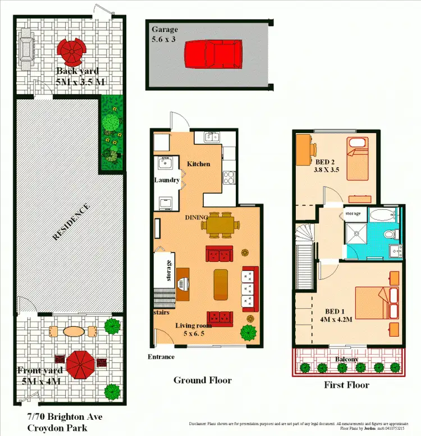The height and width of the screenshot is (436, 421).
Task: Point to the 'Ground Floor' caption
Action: tap(202, 380)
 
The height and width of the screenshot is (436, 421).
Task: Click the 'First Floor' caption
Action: tap(346, 385)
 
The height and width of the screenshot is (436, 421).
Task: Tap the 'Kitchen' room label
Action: tap(198, 164)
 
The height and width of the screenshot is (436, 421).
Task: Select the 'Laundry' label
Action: tap(167, 180)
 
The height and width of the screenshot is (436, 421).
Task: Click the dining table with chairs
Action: tap(219, 225)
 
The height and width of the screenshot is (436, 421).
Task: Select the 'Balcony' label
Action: tap(347, 359)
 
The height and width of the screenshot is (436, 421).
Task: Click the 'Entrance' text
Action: tap(161, 357)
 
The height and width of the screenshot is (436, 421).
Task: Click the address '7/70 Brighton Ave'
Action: tap(65, 417)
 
